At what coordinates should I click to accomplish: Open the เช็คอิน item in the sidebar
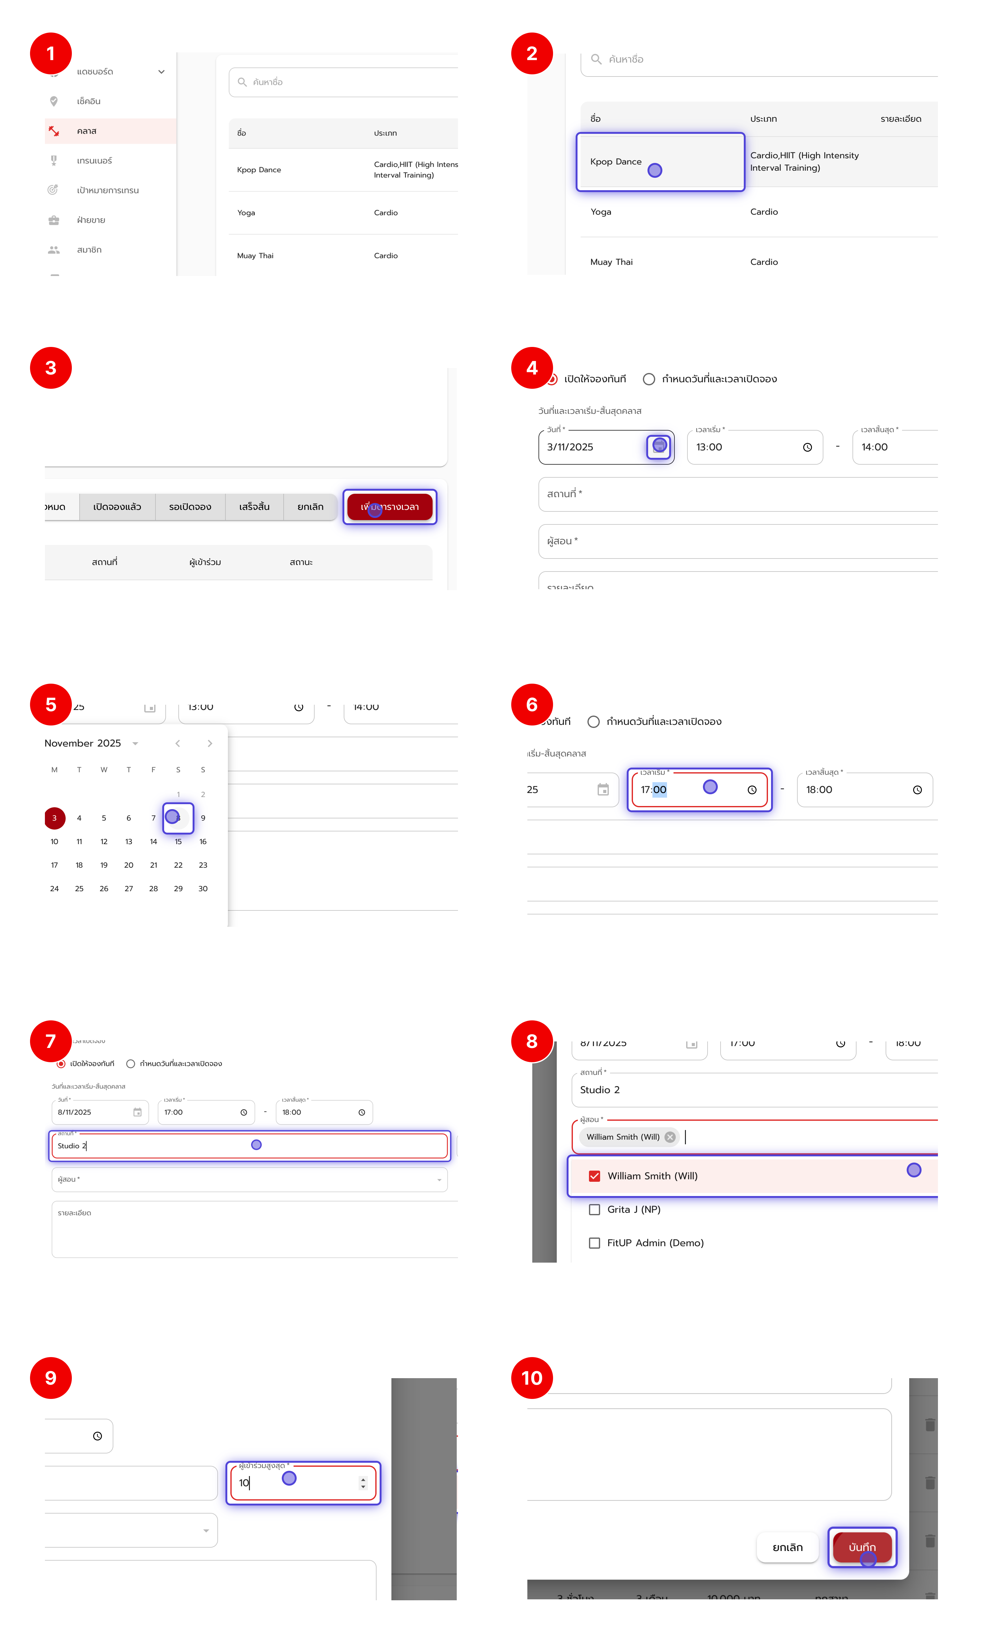89,101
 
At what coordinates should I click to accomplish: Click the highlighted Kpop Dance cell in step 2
660,162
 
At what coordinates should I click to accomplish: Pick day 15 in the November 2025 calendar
178,841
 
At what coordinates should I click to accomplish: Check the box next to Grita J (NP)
594,1209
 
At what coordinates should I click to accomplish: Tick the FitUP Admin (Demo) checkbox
594,1243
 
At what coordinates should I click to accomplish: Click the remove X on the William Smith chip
670,1137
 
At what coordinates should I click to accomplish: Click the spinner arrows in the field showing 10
363,1483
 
